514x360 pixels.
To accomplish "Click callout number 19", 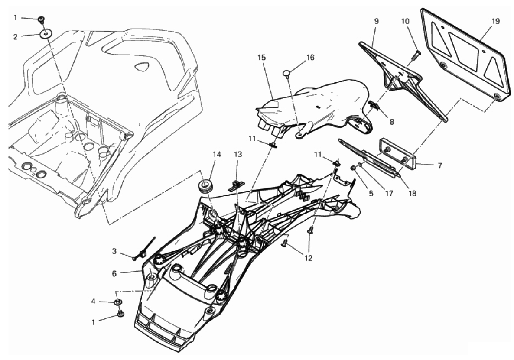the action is coord(495,21).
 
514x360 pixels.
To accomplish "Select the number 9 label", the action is coord(376,21).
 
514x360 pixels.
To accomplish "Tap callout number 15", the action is coord(262,58).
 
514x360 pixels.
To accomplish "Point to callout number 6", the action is coord(114,273).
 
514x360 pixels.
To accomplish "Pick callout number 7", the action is coord(440,165).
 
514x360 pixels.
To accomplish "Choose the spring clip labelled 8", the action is coord(374,105).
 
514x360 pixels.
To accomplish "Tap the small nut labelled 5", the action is coord(354,169).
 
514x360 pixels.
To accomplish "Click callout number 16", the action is coord(310,58).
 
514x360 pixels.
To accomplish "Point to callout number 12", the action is coord(308,258).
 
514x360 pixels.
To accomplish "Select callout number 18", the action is coord(413,194).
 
